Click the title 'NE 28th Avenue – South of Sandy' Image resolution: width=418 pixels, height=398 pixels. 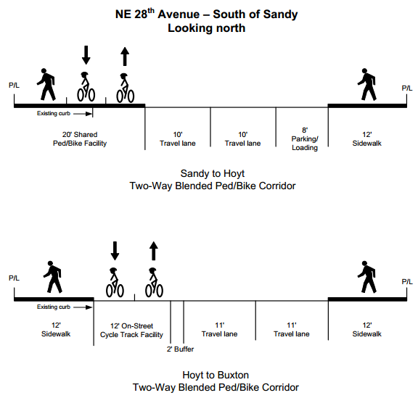point(206,14)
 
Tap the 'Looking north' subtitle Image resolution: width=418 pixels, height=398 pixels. point(206,28)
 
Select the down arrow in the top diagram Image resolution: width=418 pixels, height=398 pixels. point(86,55)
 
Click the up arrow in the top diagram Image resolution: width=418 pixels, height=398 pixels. point(125,57)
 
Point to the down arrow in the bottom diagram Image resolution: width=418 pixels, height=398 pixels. point(115,251)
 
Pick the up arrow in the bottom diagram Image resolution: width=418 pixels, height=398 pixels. point(154,251)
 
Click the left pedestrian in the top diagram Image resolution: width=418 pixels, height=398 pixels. point(46,84)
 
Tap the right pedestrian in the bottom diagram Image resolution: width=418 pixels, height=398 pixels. point(367,277)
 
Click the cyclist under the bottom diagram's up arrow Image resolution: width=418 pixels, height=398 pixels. point(154,283)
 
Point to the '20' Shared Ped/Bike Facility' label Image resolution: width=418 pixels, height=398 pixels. point(80,138)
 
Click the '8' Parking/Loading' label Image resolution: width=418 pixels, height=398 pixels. point(305,138)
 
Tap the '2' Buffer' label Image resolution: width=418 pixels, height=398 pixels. point(180,349)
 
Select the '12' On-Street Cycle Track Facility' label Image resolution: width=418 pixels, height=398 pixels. point(131,331)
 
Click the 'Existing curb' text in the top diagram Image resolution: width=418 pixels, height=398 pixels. point(54,114)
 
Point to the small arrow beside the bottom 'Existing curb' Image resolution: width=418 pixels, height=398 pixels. point(83,307)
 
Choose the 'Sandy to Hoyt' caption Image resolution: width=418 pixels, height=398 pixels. point(213,173)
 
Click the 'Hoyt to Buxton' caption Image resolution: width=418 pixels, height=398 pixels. point(216,375)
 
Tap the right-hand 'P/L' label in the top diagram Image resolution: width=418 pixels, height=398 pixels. point(407,88)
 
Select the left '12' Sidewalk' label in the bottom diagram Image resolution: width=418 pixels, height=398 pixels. point(56,330)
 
